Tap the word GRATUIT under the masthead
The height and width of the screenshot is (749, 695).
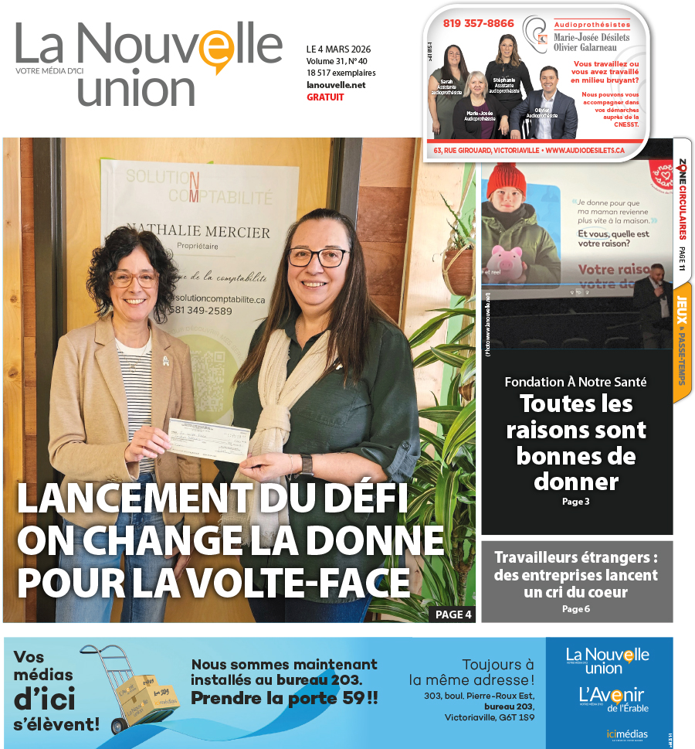325,97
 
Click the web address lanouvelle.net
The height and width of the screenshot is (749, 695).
336,85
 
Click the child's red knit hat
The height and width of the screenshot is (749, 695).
506,180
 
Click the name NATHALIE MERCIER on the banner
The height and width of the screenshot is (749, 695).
199,232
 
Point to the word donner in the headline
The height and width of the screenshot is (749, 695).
576,482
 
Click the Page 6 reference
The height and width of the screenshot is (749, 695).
576,609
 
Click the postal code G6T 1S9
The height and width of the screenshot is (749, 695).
517,717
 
